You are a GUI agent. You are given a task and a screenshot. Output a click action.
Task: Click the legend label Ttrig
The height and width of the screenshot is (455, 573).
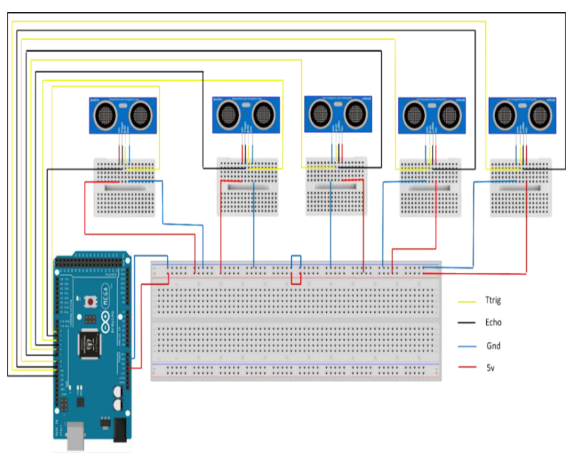click(x=493, y=300)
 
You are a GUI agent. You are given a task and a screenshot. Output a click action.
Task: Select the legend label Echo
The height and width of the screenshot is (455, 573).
click(x=493, y=323)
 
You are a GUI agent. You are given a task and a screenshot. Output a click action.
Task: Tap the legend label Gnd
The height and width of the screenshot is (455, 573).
click(x=493, y=346)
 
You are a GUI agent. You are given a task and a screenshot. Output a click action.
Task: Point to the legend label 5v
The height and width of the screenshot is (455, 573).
click(x=490, y=368)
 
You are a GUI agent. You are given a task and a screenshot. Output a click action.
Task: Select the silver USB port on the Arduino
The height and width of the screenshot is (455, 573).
click(x=76, y=436)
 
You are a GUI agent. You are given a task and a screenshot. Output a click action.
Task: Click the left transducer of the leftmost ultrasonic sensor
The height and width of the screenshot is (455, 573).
click(x=105, y=116)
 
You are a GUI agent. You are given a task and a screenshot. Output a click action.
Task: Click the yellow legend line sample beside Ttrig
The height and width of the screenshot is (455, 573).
click(x=467, y=302)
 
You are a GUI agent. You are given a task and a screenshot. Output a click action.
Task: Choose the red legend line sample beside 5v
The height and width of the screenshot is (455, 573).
click(x=467, y=367)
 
